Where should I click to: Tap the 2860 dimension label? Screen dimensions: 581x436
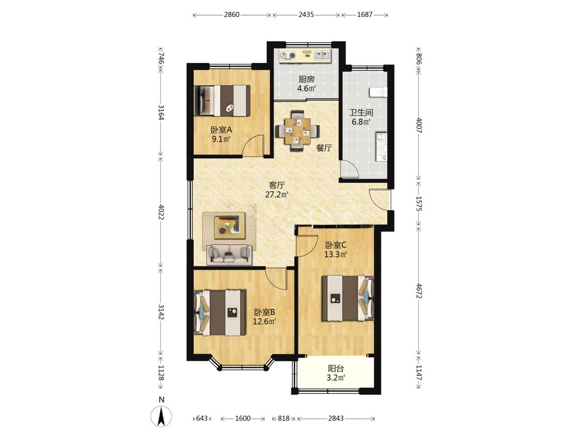click(x=231, y=15)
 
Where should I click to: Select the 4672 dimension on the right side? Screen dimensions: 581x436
click(x=419, y=291)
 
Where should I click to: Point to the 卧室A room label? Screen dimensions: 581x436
click(x=221, y=130)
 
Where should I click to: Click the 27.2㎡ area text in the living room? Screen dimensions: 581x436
click(x=276, y=195)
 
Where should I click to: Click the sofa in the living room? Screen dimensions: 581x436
click(x=229, y=254)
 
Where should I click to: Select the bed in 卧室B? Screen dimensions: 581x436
click(x=220, y=313)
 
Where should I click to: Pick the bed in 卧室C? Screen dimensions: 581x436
click(x=348, y=298)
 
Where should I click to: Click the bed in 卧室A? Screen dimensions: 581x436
click(x=222, y=100)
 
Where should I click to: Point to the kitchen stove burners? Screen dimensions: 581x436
click(x=288, y=56)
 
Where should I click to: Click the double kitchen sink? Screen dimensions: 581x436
click(x=322, y=55)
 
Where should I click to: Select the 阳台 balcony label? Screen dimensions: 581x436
click(x=336, y=368)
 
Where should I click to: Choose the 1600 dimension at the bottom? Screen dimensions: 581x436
click(x=243, y=418)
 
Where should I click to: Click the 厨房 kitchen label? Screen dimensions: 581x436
click(x=306, y=79)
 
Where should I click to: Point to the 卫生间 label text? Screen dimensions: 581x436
click(x=362, y=112)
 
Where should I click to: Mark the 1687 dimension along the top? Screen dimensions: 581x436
click(x=365, y=15)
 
